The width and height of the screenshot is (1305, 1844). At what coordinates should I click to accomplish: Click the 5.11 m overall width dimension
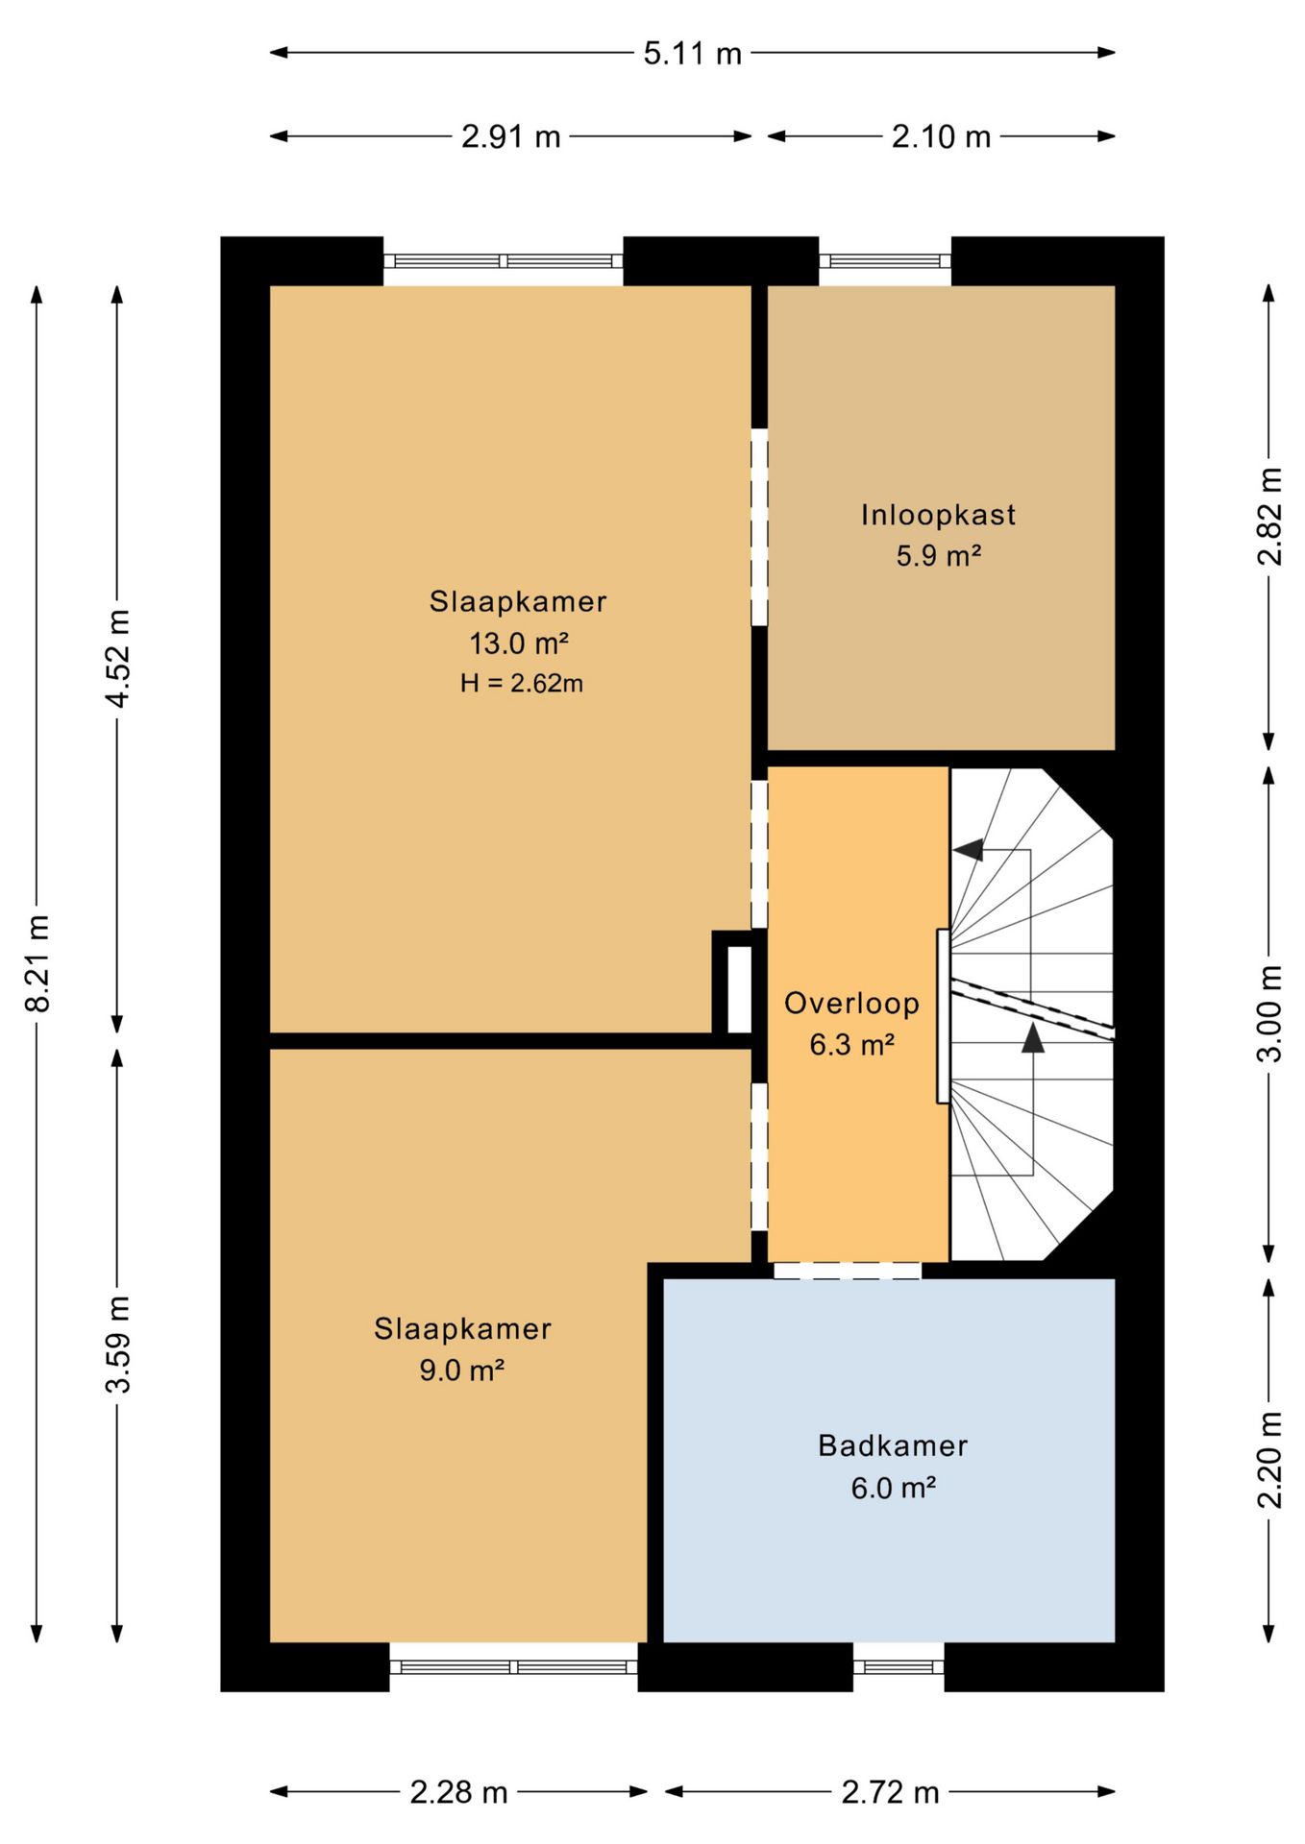pos(693,53)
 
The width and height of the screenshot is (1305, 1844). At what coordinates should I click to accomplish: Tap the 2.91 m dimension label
pos(510,136)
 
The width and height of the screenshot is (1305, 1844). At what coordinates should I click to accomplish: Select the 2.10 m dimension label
pos(941,136)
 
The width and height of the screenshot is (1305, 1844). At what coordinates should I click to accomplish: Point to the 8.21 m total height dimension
pos(37,963)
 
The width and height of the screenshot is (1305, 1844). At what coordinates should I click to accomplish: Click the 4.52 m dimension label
pos(118,659)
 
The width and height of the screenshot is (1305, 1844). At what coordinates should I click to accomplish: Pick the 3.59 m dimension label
pos(118,1345)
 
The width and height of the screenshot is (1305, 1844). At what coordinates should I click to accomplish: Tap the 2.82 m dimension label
pos(1269,517)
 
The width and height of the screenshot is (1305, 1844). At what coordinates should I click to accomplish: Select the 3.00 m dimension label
pos(1269,1013)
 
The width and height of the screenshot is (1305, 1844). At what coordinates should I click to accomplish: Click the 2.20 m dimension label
pos(1269,1460)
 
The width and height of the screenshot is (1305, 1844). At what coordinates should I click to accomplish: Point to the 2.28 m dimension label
pos(458,1792)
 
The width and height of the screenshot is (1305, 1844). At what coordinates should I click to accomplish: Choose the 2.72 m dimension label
pos(890,1792)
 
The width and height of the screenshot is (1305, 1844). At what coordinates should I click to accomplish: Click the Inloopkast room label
pos(938,516)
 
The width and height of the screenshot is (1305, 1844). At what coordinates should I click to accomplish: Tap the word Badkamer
pos(893,1445)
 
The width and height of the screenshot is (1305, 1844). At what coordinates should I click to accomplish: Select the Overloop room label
pos(851,1004)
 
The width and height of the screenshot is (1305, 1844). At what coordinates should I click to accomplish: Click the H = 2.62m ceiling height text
pos(521,683)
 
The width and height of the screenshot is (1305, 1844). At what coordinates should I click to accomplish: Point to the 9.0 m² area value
pos(461,1370)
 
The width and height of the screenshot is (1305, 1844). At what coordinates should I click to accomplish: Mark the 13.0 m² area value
pos(518,643)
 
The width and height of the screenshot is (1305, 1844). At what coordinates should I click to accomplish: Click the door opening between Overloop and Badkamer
pos(848,1271)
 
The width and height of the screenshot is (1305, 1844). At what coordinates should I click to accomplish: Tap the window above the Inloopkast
pos(885,260)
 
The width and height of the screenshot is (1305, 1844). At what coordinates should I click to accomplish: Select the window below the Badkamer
pos(899,1666)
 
